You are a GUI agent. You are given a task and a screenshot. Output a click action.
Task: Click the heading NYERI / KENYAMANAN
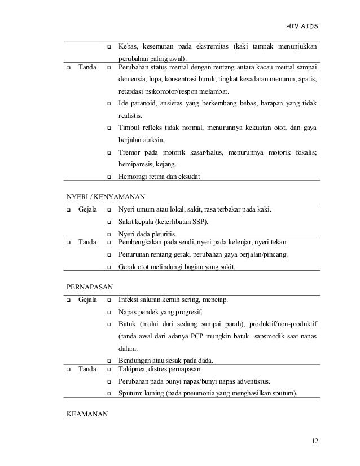[106, 197]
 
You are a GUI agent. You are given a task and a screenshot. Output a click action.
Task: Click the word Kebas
[128, 46]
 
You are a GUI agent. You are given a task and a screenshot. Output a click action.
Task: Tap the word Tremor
[130, 152]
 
